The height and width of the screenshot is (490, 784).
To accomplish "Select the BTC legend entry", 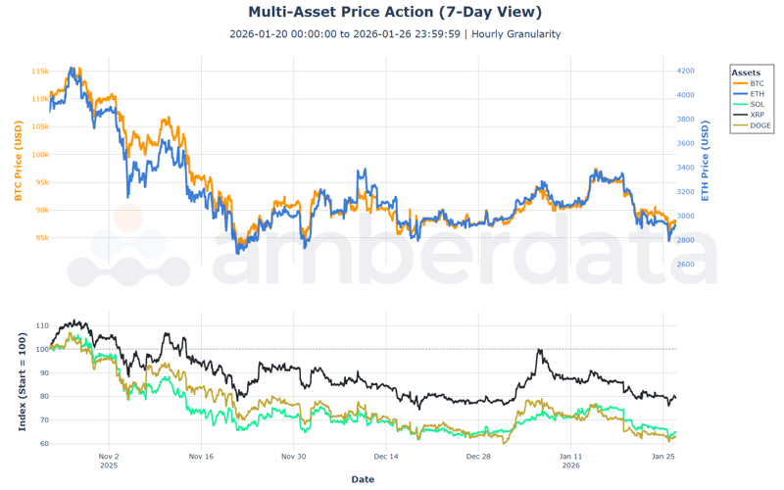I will coord(756,84).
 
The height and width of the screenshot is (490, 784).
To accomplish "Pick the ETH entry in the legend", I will coord(756,94).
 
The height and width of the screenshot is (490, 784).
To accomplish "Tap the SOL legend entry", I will coord(756,105).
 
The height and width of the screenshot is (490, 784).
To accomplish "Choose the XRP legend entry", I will coord(756,115).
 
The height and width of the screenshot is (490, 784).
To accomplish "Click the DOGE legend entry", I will coord(759,125).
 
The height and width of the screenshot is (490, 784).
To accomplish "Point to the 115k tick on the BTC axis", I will coord(39,72).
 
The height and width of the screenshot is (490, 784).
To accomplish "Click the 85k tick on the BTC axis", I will coord(41,237).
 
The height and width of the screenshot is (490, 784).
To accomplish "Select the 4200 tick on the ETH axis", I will coord(685,72).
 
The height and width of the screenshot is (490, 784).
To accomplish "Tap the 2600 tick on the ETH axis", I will coord(685,265).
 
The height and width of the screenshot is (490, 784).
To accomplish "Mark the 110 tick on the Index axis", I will coord(40,325).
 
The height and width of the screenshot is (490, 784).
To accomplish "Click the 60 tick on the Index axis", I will coord(42,444).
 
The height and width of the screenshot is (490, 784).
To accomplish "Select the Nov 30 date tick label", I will coord(293,457).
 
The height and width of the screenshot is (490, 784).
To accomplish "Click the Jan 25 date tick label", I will coord(663,457).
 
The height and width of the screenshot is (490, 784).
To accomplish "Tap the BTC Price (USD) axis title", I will coord(18,161).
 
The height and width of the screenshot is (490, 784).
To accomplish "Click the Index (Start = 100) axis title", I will coord(22,382).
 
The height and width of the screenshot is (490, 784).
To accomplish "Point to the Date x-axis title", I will coord(363,479).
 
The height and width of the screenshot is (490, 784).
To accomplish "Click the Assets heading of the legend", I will coord(746,73).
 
